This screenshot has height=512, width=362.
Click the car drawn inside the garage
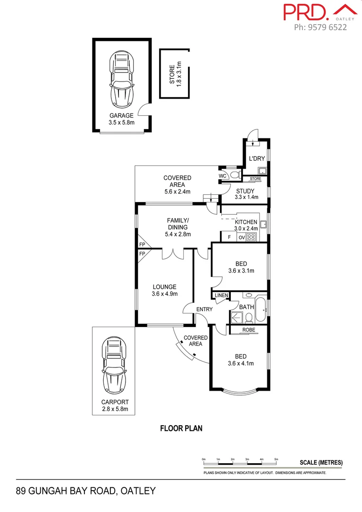coord(122,80)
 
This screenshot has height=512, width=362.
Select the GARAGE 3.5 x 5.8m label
coord(122,119)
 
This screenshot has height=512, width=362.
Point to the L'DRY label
coord(256,159)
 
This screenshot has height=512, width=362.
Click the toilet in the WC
coord(235,175)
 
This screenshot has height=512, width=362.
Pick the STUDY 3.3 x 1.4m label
coord(245,194)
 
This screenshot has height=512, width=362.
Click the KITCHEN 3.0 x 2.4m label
coord(246,225)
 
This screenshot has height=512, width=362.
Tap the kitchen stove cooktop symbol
coord(251,238)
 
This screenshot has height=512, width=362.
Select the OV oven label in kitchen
coord(241,238)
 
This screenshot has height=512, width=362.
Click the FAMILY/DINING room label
coord(178,227)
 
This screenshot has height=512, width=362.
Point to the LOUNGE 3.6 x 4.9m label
coord(164,290)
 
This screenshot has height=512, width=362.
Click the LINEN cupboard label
coord(221,296)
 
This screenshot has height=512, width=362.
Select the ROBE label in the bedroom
coord(249,330)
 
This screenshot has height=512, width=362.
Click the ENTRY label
coord(205,310)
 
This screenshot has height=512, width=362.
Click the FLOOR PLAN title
coord(181,429)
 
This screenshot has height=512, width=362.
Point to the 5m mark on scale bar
coord(276,459)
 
